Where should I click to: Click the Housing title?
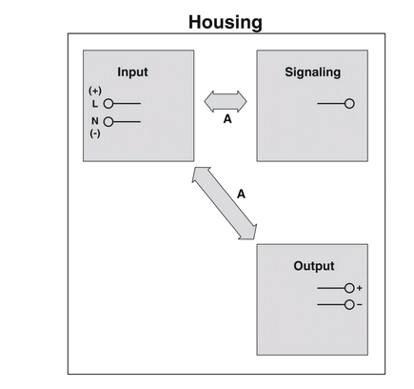(226, 22)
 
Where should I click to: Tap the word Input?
(132, 72)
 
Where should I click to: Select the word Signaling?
(312, 72)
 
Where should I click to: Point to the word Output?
(314, 266)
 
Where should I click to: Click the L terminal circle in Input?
(108, 104)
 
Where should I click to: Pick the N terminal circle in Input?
(108, 122)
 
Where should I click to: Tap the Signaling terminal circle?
(349, 104)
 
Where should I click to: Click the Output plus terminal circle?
(349, 288)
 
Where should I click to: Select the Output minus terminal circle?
(349, 305)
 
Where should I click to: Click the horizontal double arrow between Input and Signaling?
(226, 102)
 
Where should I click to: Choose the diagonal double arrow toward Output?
(225, 203)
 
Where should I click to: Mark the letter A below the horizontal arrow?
(227, 119)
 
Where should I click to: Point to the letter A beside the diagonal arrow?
(241, 194)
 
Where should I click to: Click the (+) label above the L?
(95, 91)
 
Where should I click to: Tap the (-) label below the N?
(95, 133)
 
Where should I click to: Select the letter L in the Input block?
(95, 104)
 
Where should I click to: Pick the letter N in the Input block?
(95, 121)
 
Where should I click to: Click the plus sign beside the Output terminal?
(359, 288)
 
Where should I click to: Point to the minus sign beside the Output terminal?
(359, 305)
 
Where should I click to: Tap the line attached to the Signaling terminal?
(331, 104)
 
